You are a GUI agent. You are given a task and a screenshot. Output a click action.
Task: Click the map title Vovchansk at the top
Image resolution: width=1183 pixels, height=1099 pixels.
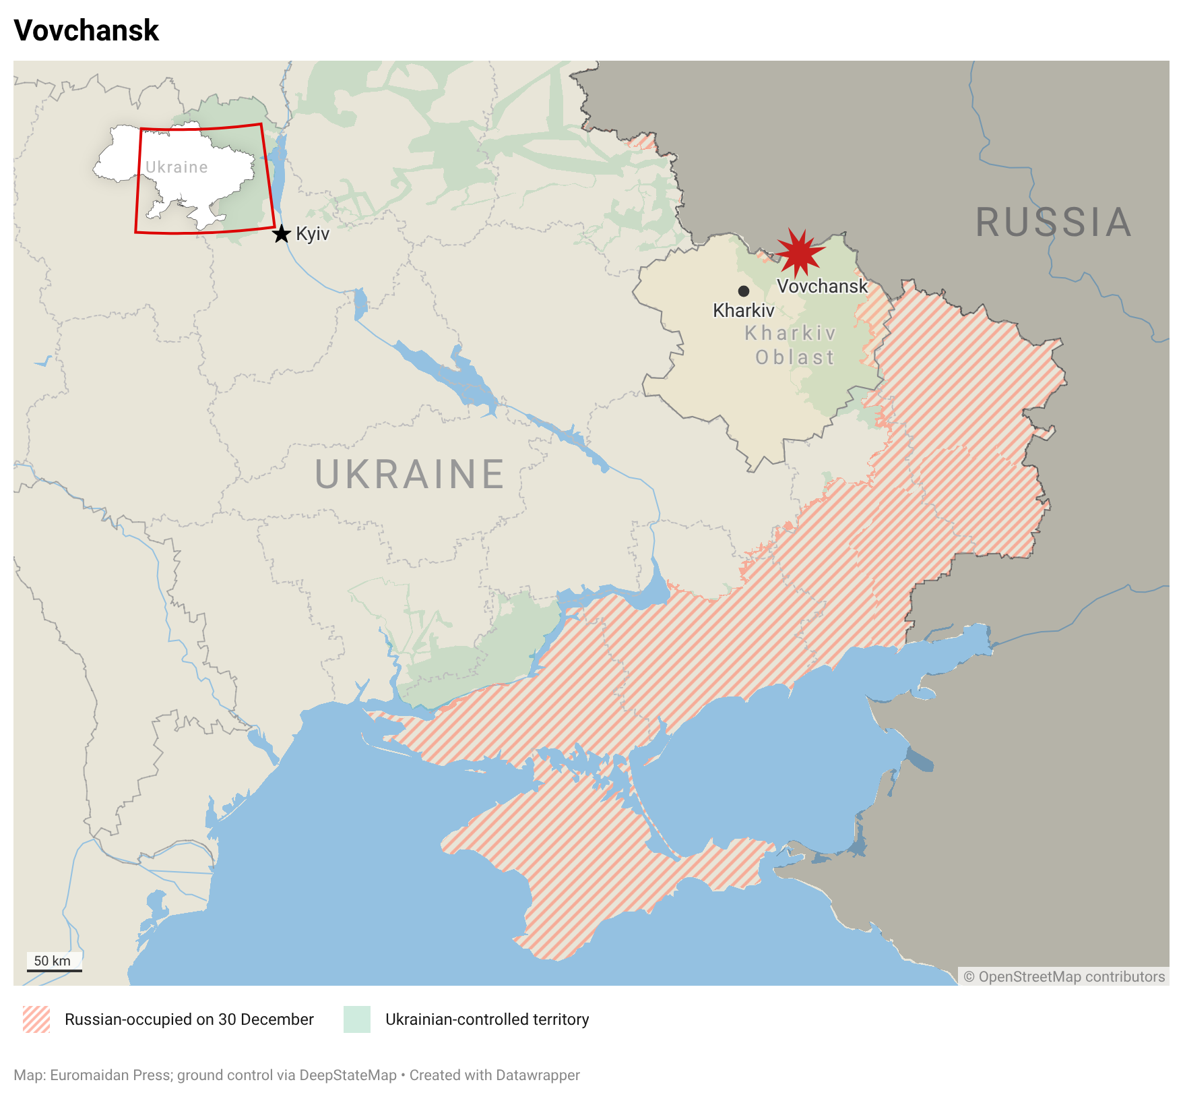coord(86,31)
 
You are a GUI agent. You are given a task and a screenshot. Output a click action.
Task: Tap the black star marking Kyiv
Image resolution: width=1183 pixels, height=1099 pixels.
coord(282,234)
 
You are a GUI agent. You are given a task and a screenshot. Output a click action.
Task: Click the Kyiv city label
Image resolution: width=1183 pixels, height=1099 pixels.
coord(313,234)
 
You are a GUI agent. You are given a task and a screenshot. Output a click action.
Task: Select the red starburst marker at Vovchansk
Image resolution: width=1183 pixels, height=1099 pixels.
coord(799,252)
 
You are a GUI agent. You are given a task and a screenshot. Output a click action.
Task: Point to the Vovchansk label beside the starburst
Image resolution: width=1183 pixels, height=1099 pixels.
coord(822,287)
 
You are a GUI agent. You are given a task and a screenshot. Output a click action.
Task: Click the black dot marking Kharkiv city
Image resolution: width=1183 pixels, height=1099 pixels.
coord(744,291)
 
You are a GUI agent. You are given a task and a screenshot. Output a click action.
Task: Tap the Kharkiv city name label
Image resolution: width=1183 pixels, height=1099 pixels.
coord(744,311)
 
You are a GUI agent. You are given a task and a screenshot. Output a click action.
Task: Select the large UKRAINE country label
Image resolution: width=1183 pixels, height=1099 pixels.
coord(410,474)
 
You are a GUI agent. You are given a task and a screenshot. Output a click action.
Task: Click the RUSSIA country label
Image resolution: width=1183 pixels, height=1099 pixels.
coord(1053,222)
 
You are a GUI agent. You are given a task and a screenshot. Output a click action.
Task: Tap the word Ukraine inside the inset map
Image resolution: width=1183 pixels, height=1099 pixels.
coord(177,167)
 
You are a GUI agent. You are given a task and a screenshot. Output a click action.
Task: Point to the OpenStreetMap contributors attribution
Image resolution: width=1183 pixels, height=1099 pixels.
coord(1064,977)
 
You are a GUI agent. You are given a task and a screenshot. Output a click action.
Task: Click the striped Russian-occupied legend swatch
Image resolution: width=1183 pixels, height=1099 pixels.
coord(36,1019)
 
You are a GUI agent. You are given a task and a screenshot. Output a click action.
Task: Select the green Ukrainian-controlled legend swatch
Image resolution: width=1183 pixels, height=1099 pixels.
coord(357,1019)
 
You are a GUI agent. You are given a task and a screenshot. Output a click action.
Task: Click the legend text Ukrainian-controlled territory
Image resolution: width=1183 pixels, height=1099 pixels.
coord(487,1019)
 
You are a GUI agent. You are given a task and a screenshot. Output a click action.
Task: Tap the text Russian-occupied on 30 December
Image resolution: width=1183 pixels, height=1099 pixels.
coord(189,1019)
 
